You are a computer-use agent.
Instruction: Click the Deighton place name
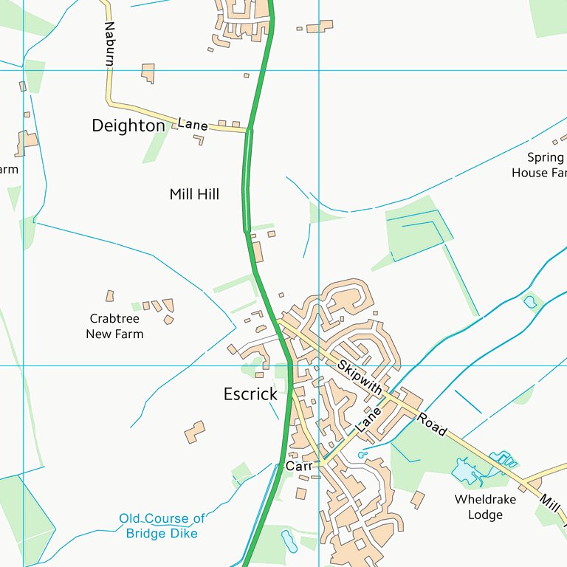(128, 126)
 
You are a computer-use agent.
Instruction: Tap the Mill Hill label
(194, 194)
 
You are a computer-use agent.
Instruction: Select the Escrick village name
(250, 394)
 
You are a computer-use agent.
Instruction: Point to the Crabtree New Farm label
(114, 326)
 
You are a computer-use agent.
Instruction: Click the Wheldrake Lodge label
(485, 506)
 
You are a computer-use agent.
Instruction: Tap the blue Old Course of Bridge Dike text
(162, 526)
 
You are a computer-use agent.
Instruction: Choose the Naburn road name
(109, 44)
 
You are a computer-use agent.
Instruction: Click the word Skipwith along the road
(360, 377)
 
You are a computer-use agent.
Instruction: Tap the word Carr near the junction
(299, 467)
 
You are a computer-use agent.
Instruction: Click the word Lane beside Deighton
(193, 125)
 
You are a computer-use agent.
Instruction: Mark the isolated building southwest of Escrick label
(195, 432)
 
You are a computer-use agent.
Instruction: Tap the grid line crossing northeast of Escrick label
(319, 365)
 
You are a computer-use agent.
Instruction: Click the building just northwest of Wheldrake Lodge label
(418, 500)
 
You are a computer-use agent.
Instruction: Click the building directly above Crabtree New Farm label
(110, 295)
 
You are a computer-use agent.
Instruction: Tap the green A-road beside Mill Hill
(245, 192)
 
